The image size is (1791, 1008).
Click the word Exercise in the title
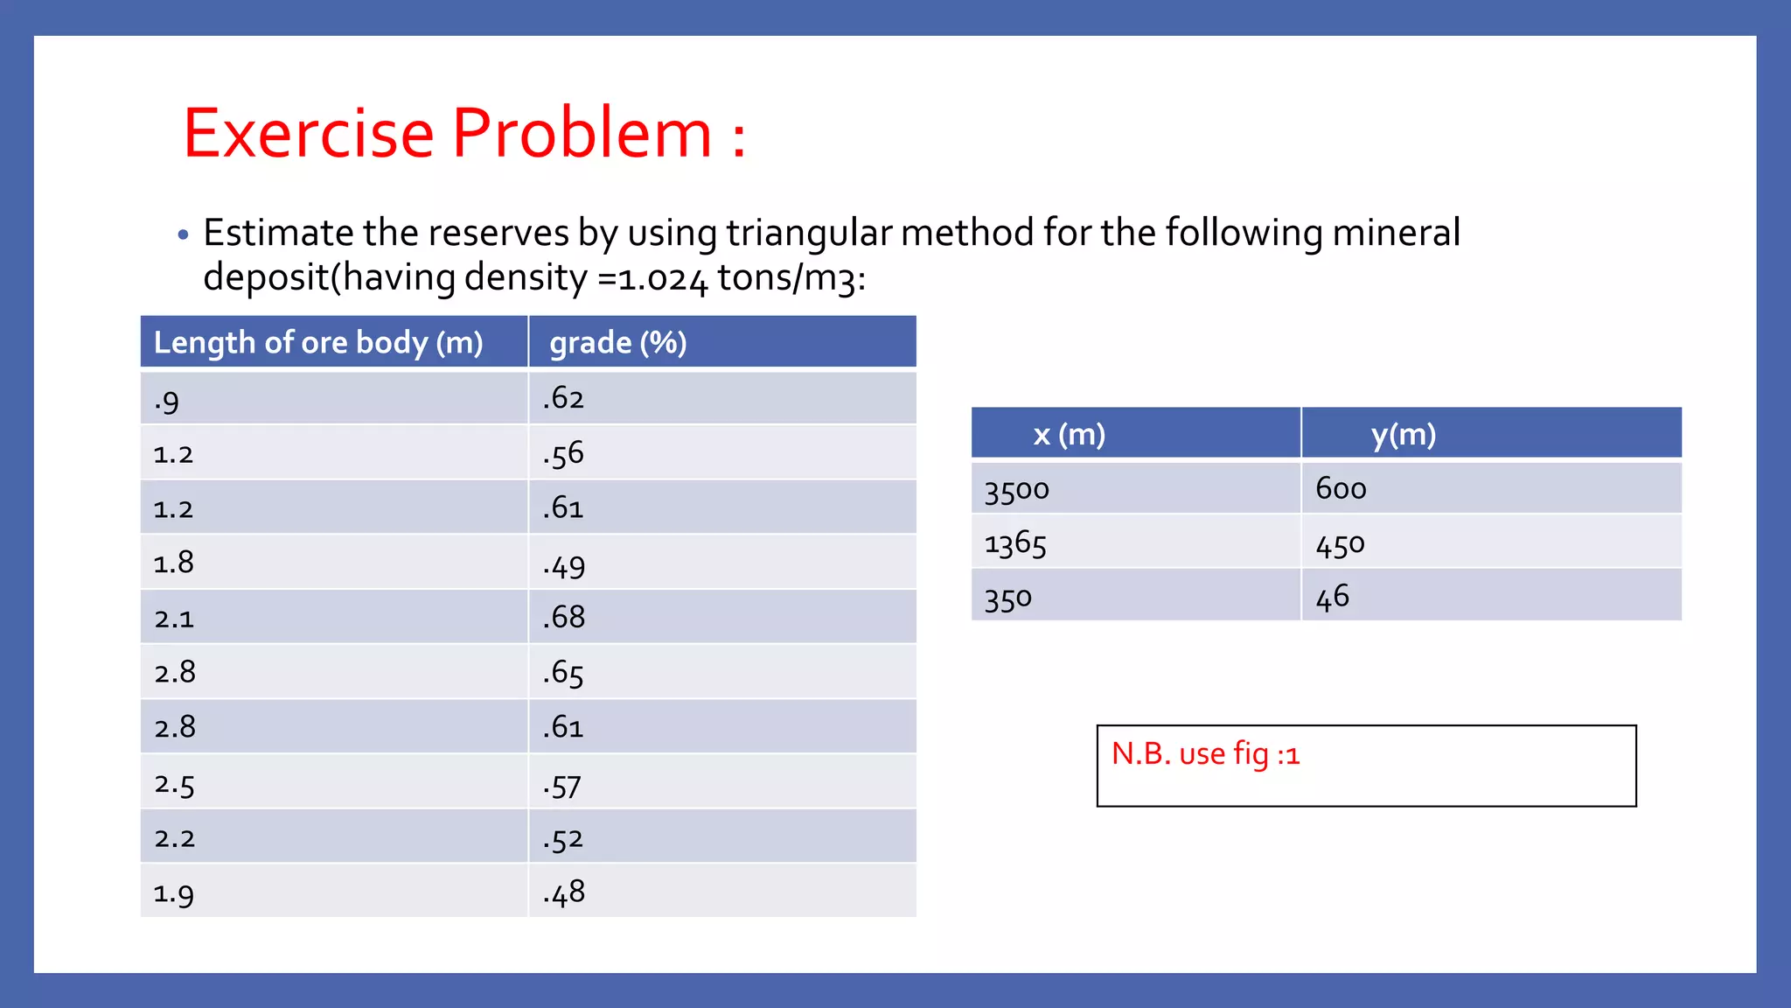[x=309, y=133]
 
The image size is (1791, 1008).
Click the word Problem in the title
[x=582, y=133]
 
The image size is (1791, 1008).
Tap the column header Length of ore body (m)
[x=318, y=342]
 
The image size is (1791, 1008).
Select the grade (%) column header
[x=618, y=342]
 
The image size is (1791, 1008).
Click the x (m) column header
[x=1069, y=434]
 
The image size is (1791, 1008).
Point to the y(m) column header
[x=1403, y=434]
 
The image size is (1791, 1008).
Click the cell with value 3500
[x=1016, y=489]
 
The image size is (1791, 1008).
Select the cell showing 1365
[x=1014, y=544]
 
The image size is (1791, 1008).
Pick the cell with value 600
[x=1341, y=488]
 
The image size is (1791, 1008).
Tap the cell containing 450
[x=1340, y=544]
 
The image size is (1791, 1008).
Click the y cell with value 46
[x=1333, y=598]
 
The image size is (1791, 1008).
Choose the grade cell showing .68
[x=564, y=617]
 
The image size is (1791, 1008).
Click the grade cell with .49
[x=564, y=565]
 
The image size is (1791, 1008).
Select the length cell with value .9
[x=167, y=401]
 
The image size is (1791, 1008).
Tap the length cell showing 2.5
[x=174, y=783]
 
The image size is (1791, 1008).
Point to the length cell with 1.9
[x=173, y=892]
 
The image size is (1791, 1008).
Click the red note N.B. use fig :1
[x=1205, y=753]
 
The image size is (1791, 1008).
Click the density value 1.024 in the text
[x=662, y=279]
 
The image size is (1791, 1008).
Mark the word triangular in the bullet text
[x=809, y=233]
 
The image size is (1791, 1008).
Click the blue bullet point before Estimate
[x=183, y=234]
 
